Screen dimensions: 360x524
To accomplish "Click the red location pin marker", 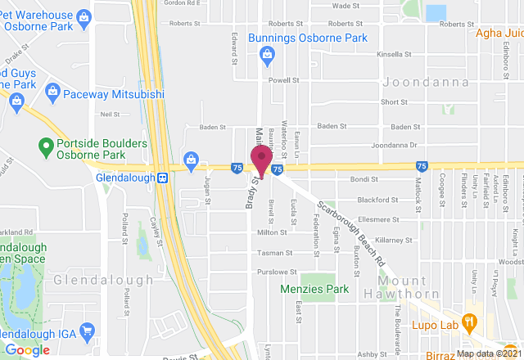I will (261, 159).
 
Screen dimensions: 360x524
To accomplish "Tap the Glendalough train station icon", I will (163, 177).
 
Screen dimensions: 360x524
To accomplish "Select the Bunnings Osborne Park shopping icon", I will (265, 55).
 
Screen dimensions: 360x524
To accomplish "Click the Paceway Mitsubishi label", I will (115, 95).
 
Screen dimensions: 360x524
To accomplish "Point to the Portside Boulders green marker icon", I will (47, 148).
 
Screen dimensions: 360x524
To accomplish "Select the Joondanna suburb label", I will (426, 83).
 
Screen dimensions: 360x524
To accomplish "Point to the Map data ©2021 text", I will (488, 353).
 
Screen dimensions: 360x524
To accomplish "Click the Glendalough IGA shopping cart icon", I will (87, 331).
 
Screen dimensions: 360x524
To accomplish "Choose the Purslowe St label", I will (273, 271).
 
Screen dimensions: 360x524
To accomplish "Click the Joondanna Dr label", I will (394, 146).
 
